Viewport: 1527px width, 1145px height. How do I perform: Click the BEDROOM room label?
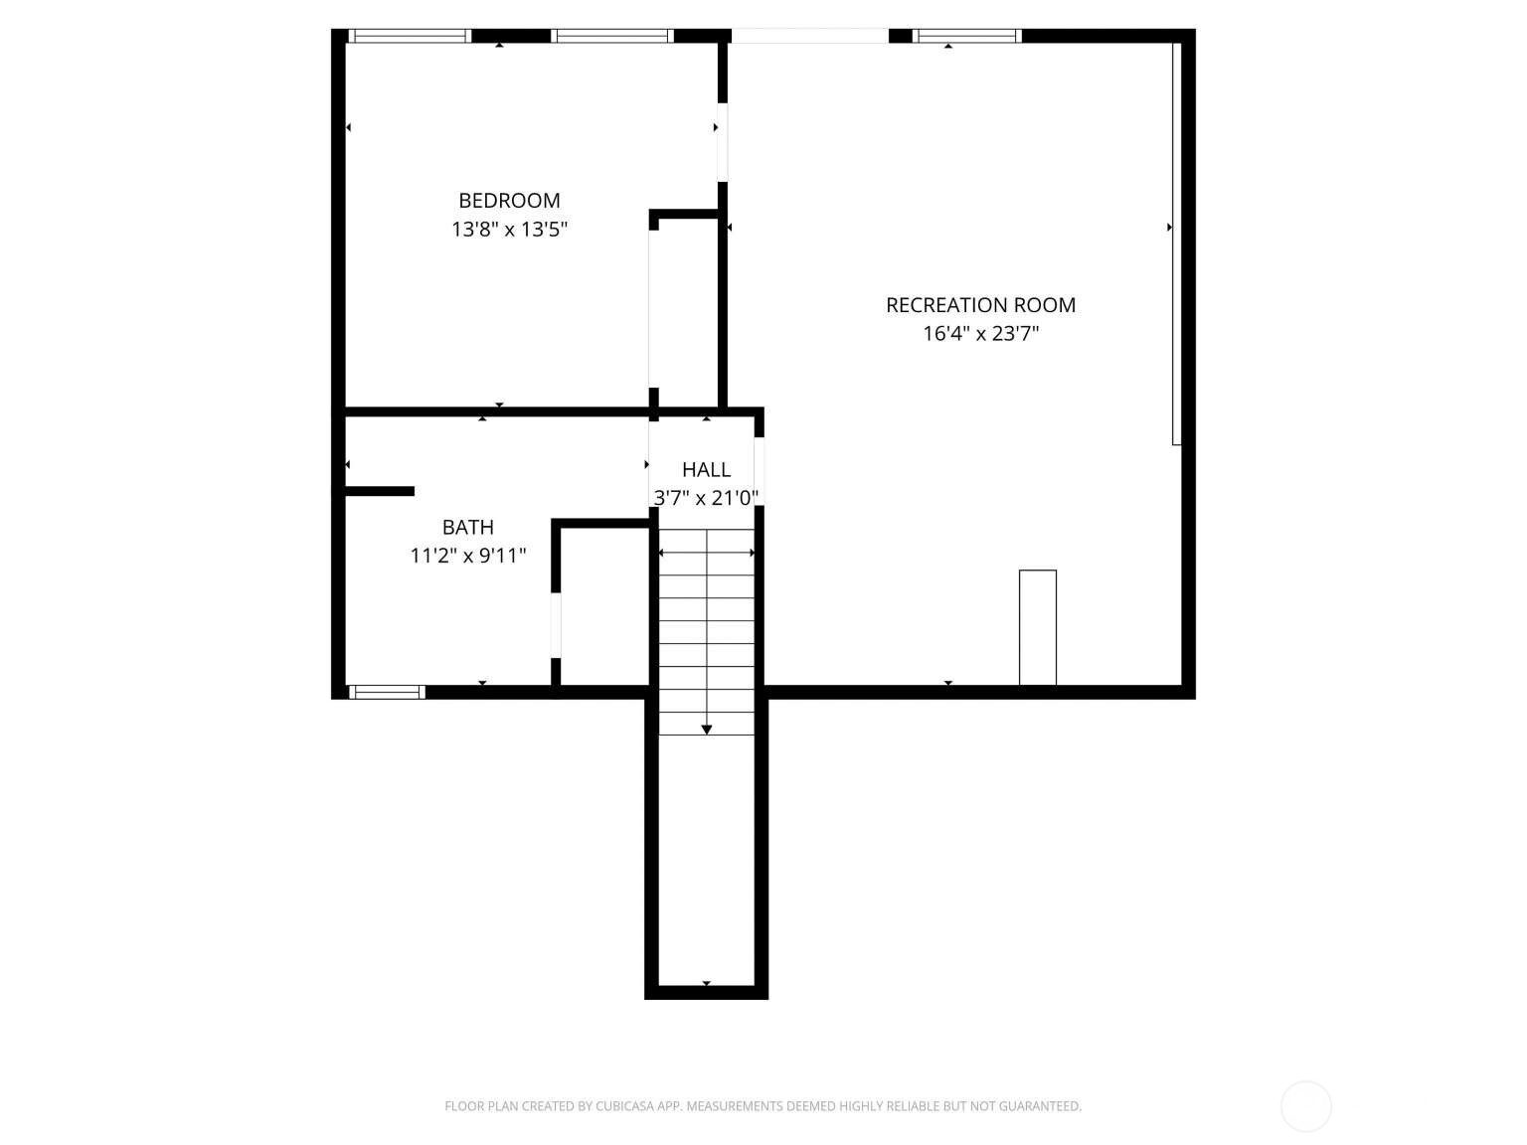(509, 200)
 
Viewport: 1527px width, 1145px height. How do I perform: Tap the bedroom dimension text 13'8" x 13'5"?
(509, 229)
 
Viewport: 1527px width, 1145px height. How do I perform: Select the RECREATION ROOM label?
(980, 305)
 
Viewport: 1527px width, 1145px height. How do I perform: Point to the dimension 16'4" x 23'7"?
(980, 334)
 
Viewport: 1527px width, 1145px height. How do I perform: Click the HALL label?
(706, 470)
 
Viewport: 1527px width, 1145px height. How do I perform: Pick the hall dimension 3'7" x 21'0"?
(706, 498)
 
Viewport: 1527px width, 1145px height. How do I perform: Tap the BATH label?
(468, 528)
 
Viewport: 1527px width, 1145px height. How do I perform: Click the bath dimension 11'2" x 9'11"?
(468, 556)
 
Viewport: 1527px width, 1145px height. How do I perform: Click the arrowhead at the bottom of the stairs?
(706, 730)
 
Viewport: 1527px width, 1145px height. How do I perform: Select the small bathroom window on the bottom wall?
(386, 692)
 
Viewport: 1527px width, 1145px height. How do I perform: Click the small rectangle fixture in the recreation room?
(1037, 628)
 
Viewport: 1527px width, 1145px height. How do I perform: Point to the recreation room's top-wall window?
(966, 36)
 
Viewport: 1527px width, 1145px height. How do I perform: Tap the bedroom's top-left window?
(409, 36)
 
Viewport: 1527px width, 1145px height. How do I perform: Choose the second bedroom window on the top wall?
(612, 36)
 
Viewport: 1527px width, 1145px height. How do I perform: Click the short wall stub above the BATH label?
(380, 492)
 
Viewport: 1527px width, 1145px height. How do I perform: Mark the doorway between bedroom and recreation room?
(722, 142)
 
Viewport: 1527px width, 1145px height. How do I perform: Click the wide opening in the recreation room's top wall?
(810, 36)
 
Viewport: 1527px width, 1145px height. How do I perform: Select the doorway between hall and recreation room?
(759, 471)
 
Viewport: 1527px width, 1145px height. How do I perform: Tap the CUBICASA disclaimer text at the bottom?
(763, 1106)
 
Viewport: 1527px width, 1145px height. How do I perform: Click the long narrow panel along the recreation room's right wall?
(1176, 244)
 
